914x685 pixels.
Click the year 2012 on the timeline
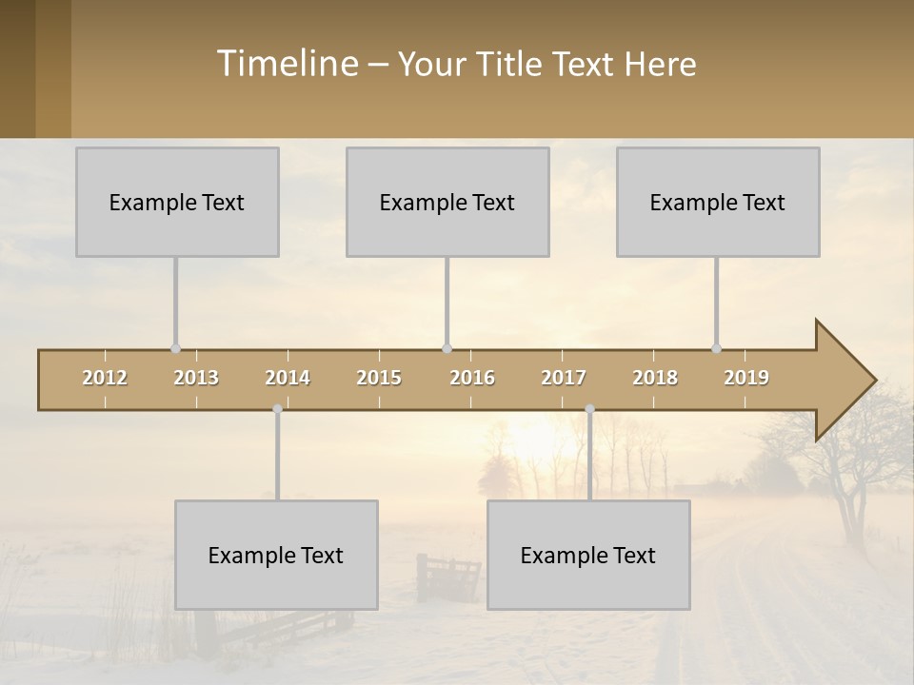pyautogui.click(x=105, y=379)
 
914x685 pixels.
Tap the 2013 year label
pyautogui.click(x=196, y=379)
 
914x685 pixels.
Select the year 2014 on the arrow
pyautogui.click(x=288, y=379)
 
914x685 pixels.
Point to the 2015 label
pyautogui.click(x=379, y=379)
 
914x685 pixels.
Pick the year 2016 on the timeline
pyautogui.click(x=472, y=379)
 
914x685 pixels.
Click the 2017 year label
pyautogui.click(x=564, y=379)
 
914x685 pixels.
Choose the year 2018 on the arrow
pyautogui.click(x=655, y=379)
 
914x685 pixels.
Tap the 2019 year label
pyautogui.click(x=746, y=379)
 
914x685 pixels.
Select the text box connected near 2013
pyautogui.click(x=177, y=202)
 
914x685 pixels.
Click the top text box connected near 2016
pyautogui.click(x=447, y=202)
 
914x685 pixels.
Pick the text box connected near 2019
pyautogui.click(x=718, y=202)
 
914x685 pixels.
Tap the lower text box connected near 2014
pyautogui.click(x=276, y=555)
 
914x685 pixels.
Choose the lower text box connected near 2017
pyautogui.click(x=588, y=555)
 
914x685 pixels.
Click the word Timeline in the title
pyautogui.click(x=287, y=64)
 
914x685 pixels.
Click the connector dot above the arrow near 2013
pyautogui.click(x=175, y=348)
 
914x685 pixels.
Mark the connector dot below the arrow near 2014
pyautogui.click(x=277, y=409)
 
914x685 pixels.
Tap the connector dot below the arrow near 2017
pyautogui.click(x=589, y=409)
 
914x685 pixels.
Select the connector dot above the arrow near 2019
pyautogui.click(x=716, y=348)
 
